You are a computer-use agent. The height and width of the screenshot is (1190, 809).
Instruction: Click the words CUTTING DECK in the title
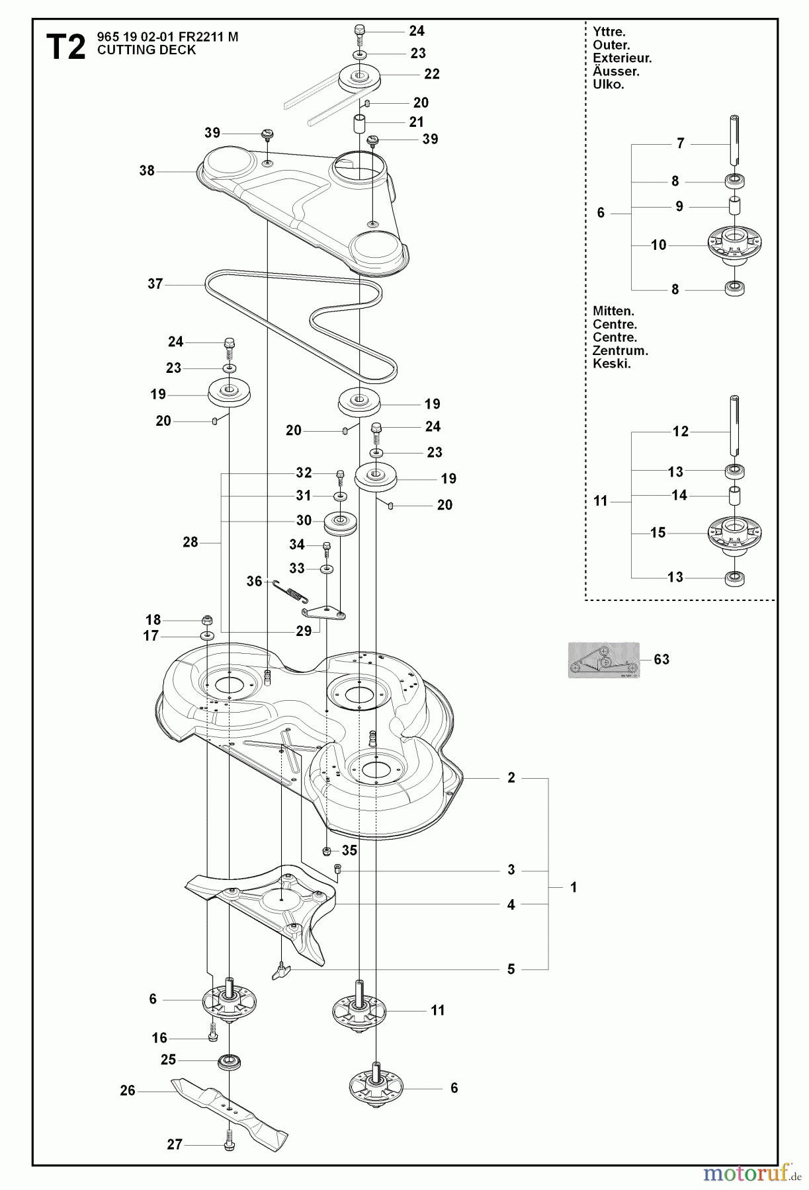point(146,50)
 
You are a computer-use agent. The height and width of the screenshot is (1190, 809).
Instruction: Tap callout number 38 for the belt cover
point(147,171)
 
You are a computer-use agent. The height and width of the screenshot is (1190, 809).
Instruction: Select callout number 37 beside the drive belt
point(155,284)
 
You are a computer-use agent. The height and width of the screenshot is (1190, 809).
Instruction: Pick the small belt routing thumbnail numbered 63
point(603,660)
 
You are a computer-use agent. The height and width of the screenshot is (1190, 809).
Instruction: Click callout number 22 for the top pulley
point(432,74)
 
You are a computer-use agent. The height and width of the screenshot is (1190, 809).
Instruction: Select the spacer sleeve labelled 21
point(360,123)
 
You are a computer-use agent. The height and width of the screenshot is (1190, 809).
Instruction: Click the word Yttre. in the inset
point(609,32)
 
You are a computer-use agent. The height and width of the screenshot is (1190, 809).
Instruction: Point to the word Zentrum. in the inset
point(620,351)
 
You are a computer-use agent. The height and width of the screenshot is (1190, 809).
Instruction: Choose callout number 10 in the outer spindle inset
point(658,245)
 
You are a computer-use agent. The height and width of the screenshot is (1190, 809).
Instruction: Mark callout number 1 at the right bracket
point(574,887)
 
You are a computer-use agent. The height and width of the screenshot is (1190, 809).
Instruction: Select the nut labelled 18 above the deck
point(206,620)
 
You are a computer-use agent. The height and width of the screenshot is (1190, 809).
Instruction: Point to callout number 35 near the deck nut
point(349,850)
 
